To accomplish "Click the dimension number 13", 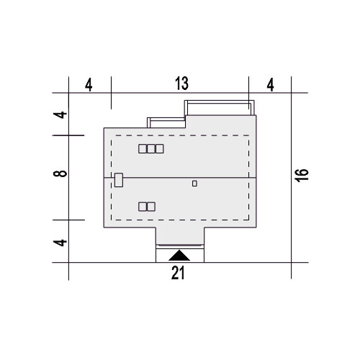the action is click(x=181, y=84).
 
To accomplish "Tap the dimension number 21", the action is click(x=178, y=273).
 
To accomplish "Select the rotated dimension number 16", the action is click(x=302, y=176).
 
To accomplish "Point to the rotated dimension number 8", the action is click(x=60, y=174).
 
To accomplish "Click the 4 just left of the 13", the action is click(x=89, y=85).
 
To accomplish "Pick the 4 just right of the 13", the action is click(x=271, y=85).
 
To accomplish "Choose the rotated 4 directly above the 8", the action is click(x=60, y=114).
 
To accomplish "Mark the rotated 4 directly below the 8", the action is click(x=60, y=243).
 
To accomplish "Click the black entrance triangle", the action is click(x=179, y=256).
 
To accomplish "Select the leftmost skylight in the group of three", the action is click(x=143, y=149).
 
